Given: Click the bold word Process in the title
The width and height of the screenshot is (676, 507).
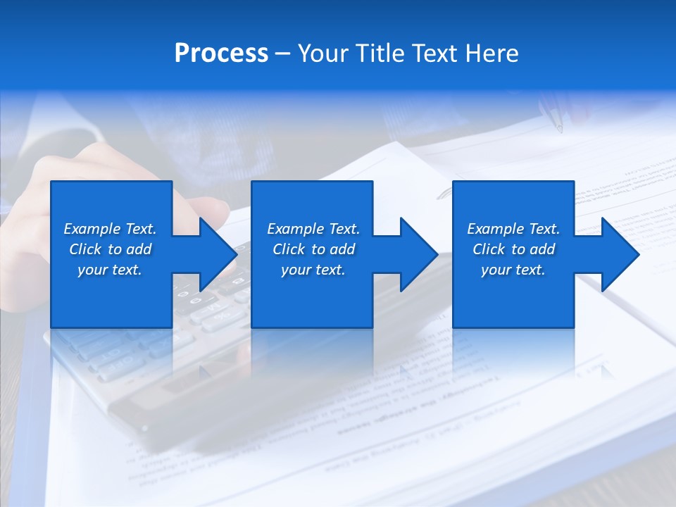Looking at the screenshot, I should [221, 54].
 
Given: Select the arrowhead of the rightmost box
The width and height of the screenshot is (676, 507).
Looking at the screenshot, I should [620, 254].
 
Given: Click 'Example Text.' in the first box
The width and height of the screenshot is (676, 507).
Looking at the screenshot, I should [110, 229].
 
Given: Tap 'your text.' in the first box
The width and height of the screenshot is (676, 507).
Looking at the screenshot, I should [110, 270].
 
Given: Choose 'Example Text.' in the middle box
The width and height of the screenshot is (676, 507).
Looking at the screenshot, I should [313, 229].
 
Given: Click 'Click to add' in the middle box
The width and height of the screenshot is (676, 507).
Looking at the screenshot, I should [313, 249].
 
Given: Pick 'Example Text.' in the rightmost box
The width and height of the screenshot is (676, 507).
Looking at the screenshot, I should [513, 229].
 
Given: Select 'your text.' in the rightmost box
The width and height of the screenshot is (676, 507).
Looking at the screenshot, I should [513, 270].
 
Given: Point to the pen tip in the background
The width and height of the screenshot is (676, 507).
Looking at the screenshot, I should [559, 128].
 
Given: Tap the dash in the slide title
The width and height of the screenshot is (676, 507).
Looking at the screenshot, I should [282, 54].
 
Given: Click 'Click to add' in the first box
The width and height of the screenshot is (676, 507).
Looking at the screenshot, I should [110, 249].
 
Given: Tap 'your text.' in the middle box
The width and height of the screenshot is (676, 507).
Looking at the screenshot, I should [313, 270].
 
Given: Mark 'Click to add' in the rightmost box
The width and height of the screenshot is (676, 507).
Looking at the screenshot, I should [513, 249].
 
